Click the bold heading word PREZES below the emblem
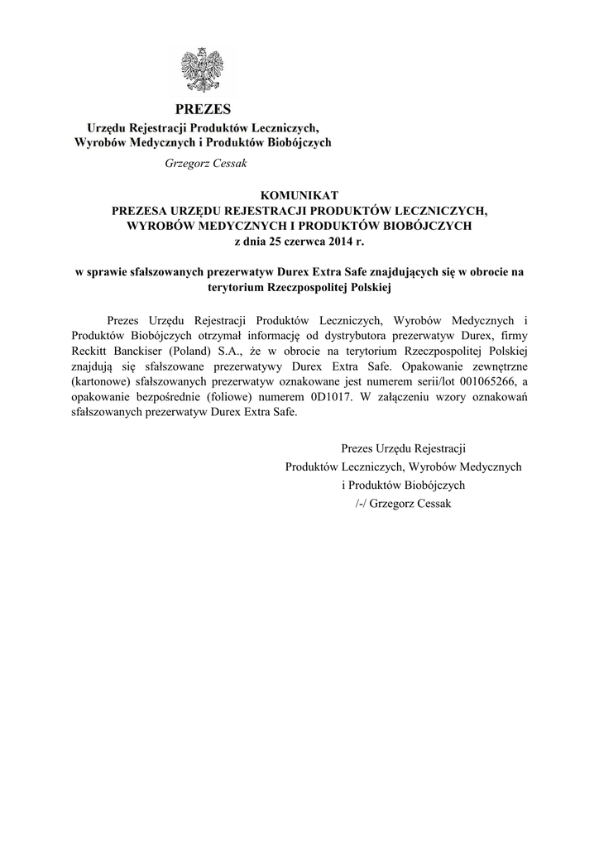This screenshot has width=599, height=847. pyautogui.click(x=204, y=109)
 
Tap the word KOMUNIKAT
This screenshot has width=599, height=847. pyautogui.click(x=299, y=195)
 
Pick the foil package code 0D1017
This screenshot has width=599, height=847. pyautogui.click(x=311, y=397)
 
